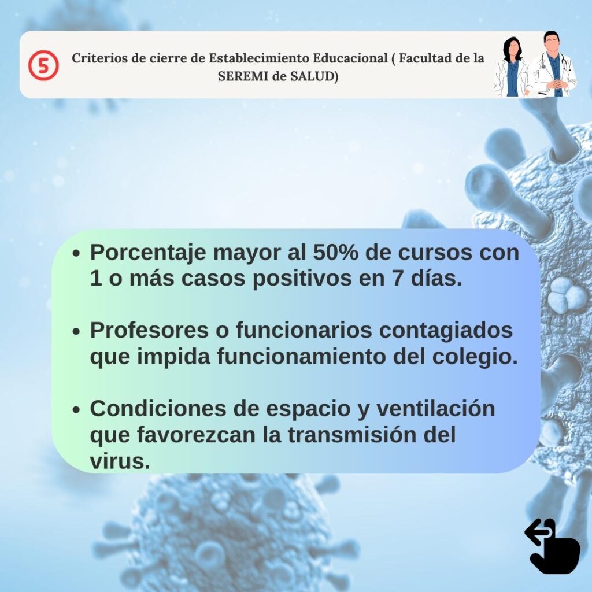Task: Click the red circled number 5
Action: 43,65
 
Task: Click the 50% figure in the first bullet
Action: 336,252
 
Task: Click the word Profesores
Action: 149,330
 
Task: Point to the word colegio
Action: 475,357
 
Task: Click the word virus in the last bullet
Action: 120,461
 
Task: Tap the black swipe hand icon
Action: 552,546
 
